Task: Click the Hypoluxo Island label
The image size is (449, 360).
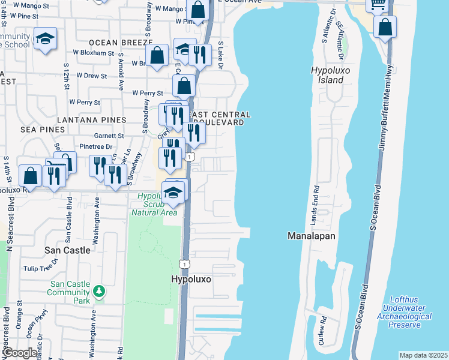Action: pos(327,75)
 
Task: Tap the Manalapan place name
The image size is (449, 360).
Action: pos(311,236)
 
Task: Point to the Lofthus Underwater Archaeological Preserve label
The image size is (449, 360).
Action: pos(405,316)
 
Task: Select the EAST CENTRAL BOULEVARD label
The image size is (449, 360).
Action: pos(218,118)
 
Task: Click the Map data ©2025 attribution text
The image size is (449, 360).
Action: pos(423,355)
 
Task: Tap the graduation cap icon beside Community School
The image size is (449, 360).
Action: pos(45,39)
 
